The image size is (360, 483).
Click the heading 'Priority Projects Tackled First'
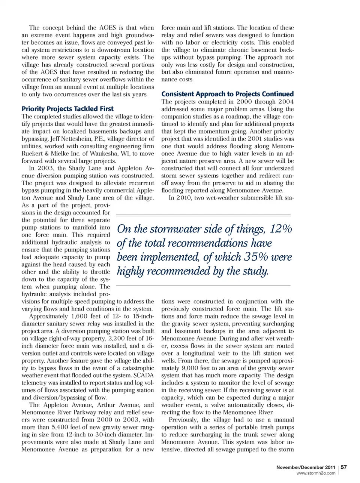tap(67, 109)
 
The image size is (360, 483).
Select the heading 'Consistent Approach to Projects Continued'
tap(227, 94)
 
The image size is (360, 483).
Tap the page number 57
tap(343, 467)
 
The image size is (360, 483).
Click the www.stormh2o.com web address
tap(316, 473)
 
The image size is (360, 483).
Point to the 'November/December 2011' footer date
tap(306, 467)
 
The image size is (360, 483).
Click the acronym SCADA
tap(143, 375)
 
